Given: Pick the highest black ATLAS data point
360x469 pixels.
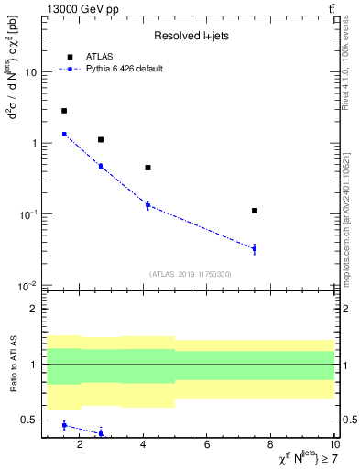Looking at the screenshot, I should click(x=64, y=111).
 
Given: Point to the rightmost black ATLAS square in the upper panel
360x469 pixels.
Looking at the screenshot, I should click(x=255, y=211).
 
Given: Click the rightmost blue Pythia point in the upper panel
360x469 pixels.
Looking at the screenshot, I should click(x=255, y=248).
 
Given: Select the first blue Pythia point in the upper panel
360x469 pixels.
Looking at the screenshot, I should click(x=64, y=134).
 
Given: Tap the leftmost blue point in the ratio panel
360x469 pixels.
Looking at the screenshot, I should click(x=64, y=425).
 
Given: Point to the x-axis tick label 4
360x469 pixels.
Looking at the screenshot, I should click(x=144, y=445).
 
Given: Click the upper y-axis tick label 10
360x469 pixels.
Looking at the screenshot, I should click(x=32, y=71).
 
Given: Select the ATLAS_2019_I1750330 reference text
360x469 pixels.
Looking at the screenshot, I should click(x=190, y=274).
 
